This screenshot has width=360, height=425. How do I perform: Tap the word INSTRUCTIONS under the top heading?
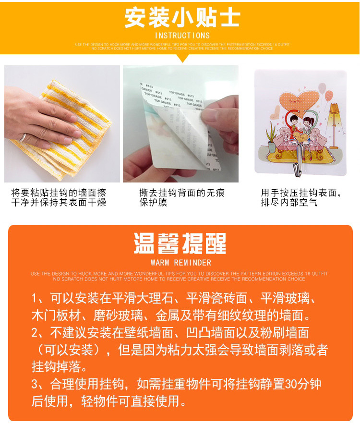pyautogui.click(x=182, y=36)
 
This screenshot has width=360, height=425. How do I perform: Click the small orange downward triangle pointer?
pyautogui.click(x=182, y=59)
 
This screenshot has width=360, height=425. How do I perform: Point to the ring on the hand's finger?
pyautogui.click(x=23, y=137)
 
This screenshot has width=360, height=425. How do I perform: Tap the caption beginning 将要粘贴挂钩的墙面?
pyautogui.click(x=59, y=197)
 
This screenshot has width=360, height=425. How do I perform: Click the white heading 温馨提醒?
pyautogui.click(x=180, y=244)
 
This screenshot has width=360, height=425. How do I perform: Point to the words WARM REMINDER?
pyautogui.click(x=180, y=263)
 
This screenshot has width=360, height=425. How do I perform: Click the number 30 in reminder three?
pyautogui.click(x=291, y=384)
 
